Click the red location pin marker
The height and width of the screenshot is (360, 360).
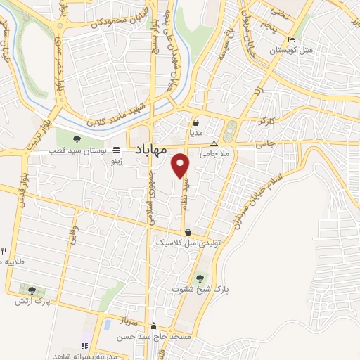(x=181, y=165)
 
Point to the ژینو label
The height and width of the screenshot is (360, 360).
(x=113, y=161)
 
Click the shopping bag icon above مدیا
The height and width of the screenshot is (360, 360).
(x=196, y=122)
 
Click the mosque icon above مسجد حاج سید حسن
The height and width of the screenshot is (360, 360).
(x=153, y=326)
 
